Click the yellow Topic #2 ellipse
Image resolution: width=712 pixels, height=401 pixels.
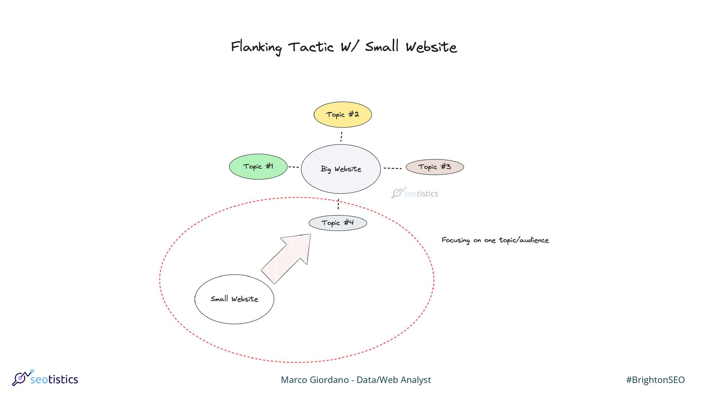click(343, 115)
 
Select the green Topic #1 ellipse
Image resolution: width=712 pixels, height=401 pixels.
click(258, 167)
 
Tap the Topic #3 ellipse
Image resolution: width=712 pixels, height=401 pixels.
click(435, 167)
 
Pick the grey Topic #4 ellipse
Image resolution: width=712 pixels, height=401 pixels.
click(337, 223)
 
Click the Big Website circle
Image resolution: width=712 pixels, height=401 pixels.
click(341, 169)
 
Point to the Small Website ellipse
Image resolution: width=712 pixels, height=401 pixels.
click(234, 299)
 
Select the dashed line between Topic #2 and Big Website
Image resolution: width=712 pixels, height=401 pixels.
click(341, 136)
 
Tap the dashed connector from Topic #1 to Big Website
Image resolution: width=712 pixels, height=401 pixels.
click(294, 167)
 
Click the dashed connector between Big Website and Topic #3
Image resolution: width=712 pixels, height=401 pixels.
click(392, 168)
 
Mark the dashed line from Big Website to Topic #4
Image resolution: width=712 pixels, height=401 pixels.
click(338, 204)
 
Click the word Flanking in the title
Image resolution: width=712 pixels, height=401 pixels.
click(256, 48)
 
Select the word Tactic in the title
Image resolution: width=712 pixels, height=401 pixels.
click(311, 47)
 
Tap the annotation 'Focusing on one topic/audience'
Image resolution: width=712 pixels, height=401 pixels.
click(495, 240)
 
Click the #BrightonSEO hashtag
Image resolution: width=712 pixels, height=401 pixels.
click(655, 380)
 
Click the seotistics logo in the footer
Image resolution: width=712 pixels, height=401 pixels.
click(45, 378)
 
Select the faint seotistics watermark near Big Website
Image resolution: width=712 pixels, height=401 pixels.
click(415, 193)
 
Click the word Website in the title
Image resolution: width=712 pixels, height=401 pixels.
click(431, 47)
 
